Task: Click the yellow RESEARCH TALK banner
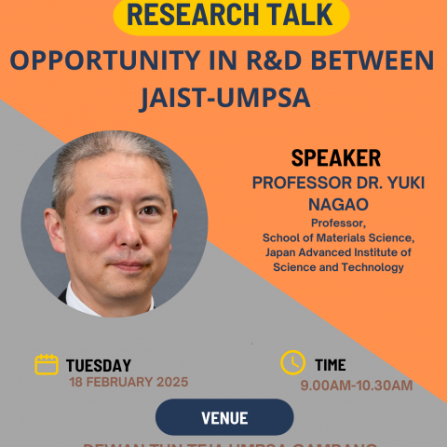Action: click(231, 14)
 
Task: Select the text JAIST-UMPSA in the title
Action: click(223, 97)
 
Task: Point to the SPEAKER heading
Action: click(336, 157)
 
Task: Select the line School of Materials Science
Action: click(337, 238)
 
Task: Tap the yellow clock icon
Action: click(292, 362)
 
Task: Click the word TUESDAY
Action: click(99, 365)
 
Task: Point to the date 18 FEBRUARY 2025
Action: click(129, 382)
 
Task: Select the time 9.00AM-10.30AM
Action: click(356, 385)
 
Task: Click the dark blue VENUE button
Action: click(223, 417)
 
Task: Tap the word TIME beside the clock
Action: click(331, 365)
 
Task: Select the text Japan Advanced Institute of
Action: click(337, 252)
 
